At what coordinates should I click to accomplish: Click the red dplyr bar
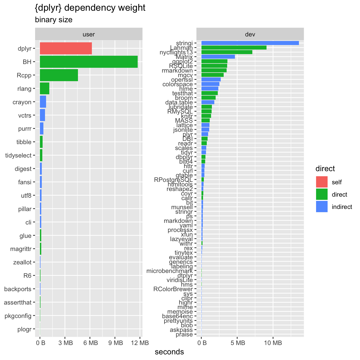click(66, 48)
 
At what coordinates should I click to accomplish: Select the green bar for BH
click(89, 62)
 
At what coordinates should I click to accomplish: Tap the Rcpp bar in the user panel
click(59, 75)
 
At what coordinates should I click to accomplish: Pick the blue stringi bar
click(250, 43)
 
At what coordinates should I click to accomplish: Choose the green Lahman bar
click(234, 48)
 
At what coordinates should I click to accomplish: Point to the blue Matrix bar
click(218, 57)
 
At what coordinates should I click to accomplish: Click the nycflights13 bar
click(227, 52)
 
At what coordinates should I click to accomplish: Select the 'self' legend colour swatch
click(322, 182)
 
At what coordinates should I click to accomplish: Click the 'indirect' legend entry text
click(342, 207)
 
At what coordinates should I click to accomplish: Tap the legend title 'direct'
click(325, 169)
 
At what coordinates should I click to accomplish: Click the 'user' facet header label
click(89, 34)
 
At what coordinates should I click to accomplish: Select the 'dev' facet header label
click(250, 34)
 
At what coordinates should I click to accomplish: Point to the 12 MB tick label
click(140, 343)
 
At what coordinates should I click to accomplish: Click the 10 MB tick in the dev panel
click(273, 343)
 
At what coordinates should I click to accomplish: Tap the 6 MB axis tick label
click(90, 343)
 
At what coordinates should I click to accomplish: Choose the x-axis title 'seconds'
click(169, 352)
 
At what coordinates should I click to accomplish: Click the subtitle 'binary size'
click(54, 20)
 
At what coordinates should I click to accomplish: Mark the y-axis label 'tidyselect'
click(18, 155)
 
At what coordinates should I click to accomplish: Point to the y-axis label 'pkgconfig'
click(18, 316)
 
